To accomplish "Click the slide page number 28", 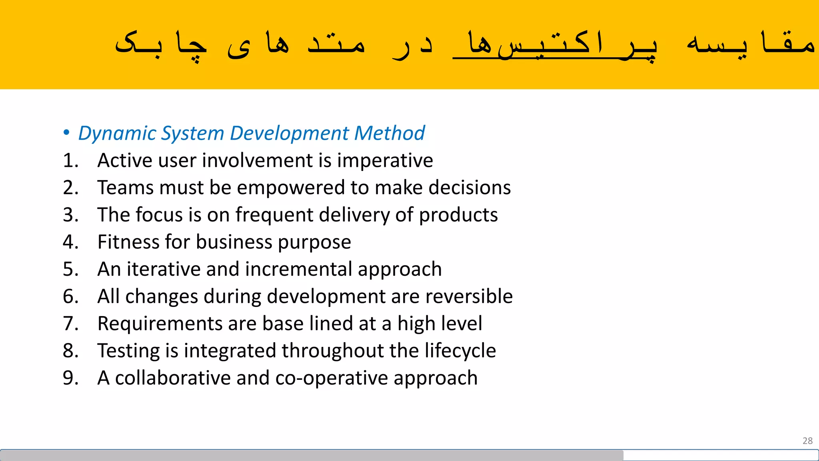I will pyautogui.click(x=807, y=441).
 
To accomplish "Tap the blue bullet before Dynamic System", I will pyautogui.click(x=66, y=132).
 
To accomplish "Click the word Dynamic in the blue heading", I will pyautogui.click(x=106, y=133).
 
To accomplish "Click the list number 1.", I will pyautogui.click(x=70, y=160).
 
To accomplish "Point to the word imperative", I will pyautogui.click(x=385, y=161).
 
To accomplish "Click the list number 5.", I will pyautogui.click(x=70, y=269).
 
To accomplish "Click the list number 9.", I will pyautogui.click(x=70, y=378).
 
